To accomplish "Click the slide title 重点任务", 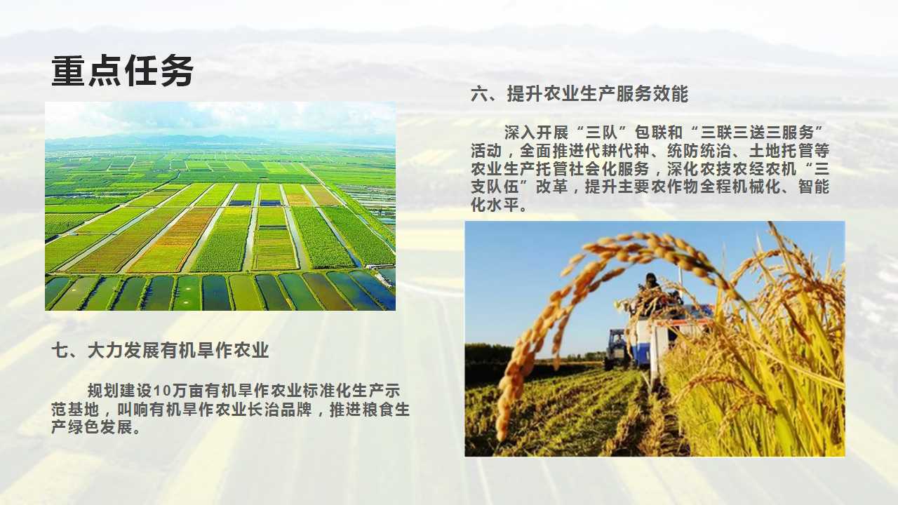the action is coord(123,71).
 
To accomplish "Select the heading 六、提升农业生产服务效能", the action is coord(579,94).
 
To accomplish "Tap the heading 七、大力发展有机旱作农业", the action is coord(160,350).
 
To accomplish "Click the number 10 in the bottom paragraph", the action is coord(162,391).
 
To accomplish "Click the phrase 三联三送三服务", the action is coord(757,133).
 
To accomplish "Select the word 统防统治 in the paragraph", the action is coord(699,151).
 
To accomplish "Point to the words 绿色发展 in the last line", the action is coord(100,428).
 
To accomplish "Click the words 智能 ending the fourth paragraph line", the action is coord(813,187).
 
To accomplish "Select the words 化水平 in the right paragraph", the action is coord(495,206).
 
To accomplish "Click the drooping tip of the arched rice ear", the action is coord(502,432).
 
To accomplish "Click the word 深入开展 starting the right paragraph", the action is coord(537,133).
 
